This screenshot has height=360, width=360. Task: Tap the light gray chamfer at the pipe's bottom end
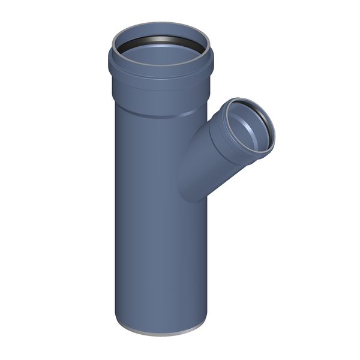point(161,331)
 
